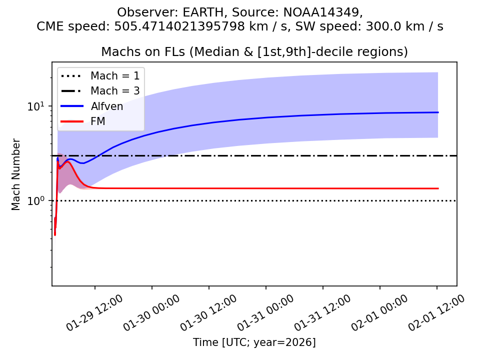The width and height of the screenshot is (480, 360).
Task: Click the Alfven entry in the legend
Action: [x=106, y=106]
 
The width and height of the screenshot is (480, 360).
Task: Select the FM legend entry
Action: [x=98, y=121]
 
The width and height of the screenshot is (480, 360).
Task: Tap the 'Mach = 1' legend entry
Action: [x=114, y=76]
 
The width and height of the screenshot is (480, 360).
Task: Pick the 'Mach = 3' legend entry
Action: [x=114, y=91]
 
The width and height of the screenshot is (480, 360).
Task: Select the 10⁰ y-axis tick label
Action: [x=38, y=201]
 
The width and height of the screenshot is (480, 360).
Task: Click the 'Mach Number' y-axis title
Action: [x=16, y=174]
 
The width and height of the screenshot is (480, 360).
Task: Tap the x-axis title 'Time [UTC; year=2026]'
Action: [x=254, y=342]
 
